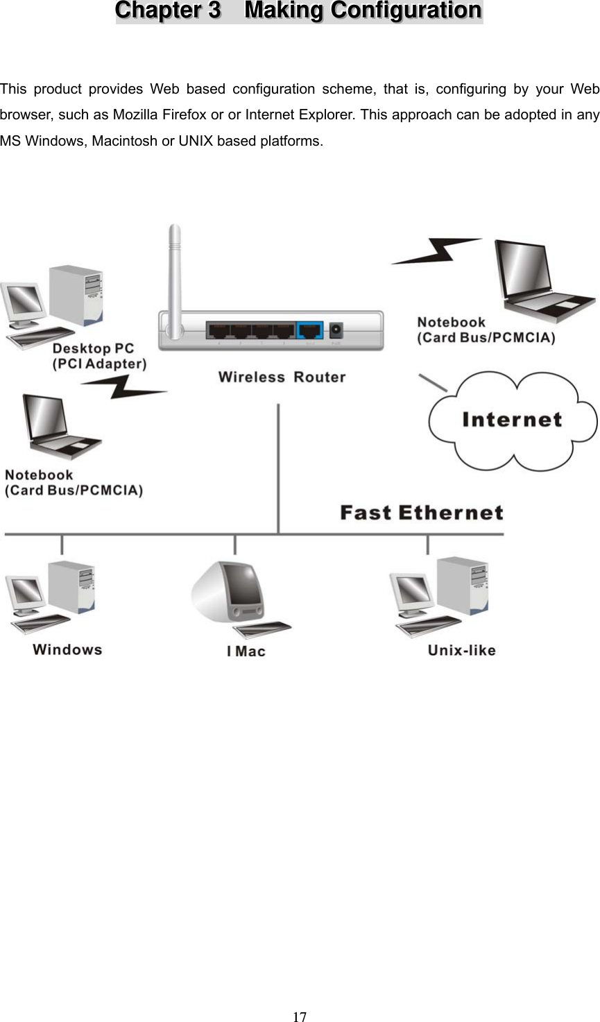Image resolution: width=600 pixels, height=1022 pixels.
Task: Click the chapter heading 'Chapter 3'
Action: pos(168,11)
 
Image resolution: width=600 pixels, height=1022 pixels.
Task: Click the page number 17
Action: pos(299,1016)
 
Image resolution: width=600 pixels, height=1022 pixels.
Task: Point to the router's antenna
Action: pos(174,271)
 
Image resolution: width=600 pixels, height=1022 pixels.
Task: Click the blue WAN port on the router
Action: pos(310,330)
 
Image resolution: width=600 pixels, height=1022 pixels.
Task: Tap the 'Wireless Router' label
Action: pos(282,377)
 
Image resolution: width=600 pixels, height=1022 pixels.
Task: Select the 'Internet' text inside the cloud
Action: pos(512,420)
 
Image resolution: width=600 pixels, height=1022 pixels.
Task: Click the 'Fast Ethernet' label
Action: pos(421,513)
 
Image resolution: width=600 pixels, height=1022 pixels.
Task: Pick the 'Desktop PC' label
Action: pos(93,348)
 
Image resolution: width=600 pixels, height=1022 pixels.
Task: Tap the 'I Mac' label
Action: pos(246,651)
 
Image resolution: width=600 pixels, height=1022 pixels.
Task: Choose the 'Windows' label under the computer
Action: pos(67,650)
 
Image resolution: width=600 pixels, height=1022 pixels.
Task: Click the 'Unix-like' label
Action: pos(461,650)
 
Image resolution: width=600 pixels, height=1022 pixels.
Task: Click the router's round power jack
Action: pos(337,330)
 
